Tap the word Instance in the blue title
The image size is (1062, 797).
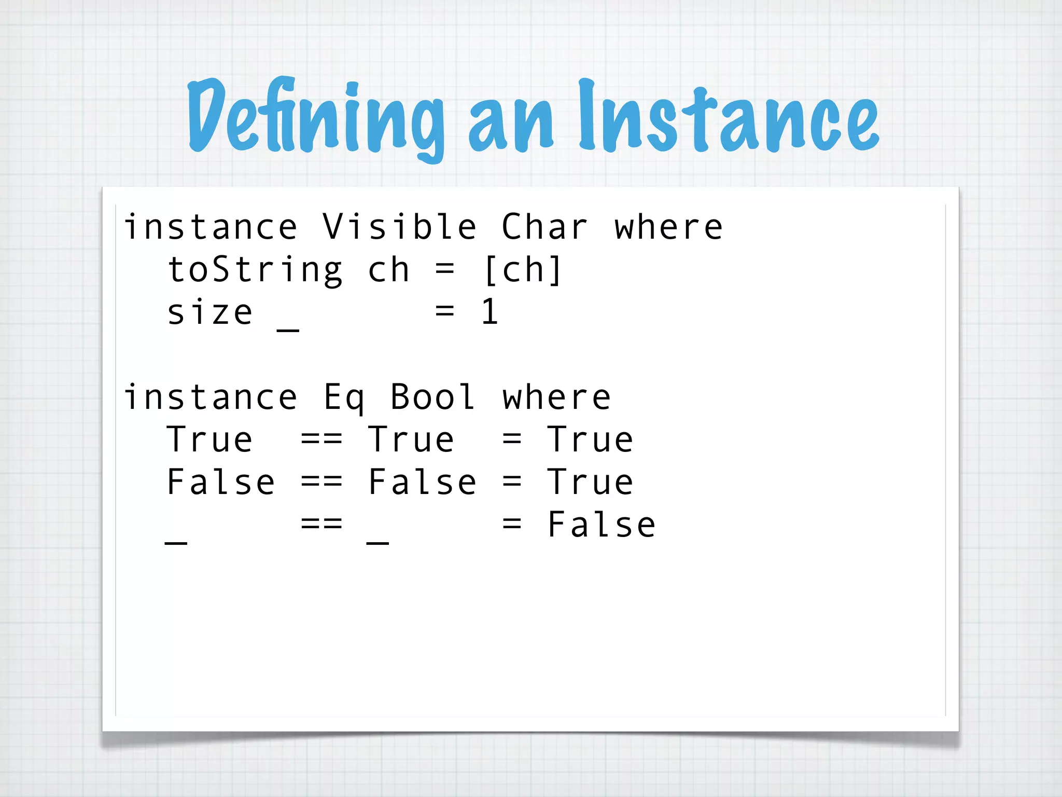tap(728, 117)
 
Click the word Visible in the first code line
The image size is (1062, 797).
tap(399, 227)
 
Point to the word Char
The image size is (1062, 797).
tap(544, 227)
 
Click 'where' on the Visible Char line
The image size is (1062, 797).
tap(668, 227)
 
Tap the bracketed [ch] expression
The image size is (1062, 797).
tap(523, 270)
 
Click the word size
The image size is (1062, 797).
tap(210, 312)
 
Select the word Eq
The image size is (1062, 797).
tap(344, 397)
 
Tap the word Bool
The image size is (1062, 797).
tap(432, 397)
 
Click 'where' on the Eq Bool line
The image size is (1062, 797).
tap(556, 397)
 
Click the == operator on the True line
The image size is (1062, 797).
tap(322, 440)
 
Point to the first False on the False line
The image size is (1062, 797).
tap(220, 483)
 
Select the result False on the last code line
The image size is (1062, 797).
tap(602, 525)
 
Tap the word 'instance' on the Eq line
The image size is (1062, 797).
tap(211, 397)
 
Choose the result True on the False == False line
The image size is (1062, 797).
tap(590, 483)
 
